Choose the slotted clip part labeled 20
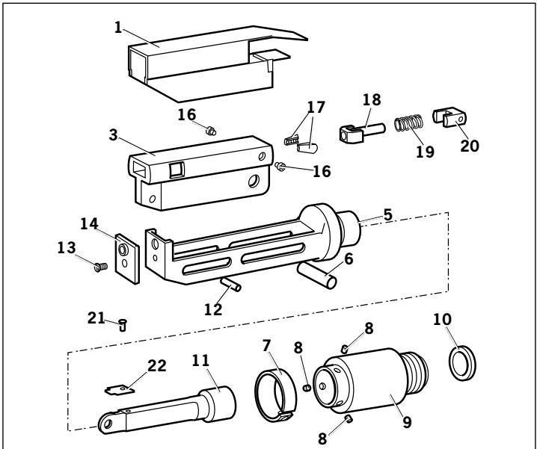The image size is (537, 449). [x=450, y=120]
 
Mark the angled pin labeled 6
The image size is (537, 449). [x=321, y=273]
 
